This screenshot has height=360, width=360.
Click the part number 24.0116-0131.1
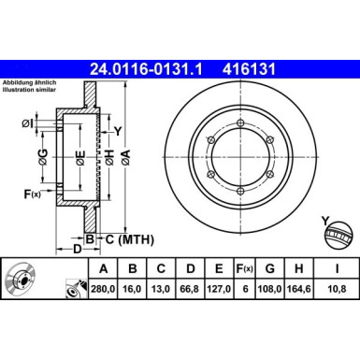pos(146,69)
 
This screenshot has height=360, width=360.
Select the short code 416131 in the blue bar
pos(249,69)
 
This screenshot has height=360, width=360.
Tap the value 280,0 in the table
pos(103,289)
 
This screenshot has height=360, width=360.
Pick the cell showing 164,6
pos(299,289)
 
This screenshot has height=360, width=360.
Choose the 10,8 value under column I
pos(337,289)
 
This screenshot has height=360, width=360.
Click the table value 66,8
pos(190,289)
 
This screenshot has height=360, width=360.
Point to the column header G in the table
pos(270,268)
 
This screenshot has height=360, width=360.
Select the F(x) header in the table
pos(244,268)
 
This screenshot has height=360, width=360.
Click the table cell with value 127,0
pos(219,289)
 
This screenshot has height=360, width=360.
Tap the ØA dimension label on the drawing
pos(125,157)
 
